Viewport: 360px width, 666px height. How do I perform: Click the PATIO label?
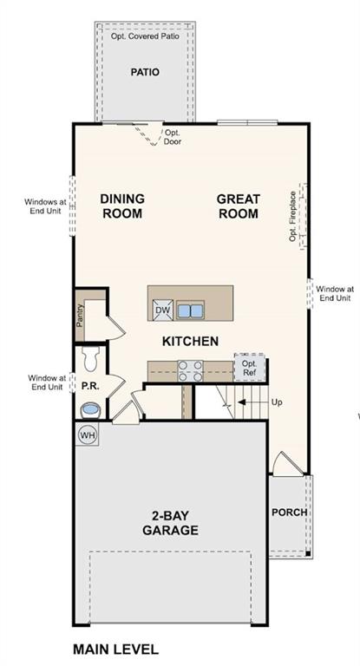pos(145,72)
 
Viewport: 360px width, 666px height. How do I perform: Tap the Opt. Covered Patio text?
pos(145,36)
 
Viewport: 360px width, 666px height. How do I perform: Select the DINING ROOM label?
pos(122,206)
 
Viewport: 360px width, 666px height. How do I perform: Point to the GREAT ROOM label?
pos(239,206)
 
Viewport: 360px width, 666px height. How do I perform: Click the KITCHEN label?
pos(190,341)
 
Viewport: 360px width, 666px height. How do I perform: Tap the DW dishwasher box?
pos(162,310)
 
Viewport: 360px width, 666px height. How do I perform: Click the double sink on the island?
pos(190,310)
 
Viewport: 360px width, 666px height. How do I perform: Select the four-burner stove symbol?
pos(190,370)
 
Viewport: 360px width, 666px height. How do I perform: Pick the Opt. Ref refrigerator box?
pos(249,369)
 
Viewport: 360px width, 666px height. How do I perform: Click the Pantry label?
pos(80,317)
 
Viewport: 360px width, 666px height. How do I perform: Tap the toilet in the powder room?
pos(88,356)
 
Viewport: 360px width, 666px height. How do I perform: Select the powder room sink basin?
pos(88,408)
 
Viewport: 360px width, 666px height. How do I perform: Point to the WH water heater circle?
pos(88,434)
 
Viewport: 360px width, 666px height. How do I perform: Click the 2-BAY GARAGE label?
pos(170,523)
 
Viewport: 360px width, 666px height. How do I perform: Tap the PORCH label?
pos(289,512)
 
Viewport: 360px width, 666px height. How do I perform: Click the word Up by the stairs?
pos(278,402)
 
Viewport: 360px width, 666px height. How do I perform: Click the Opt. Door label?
pos(173,137)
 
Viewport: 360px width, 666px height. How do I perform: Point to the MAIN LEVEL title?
pos(115,649)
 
